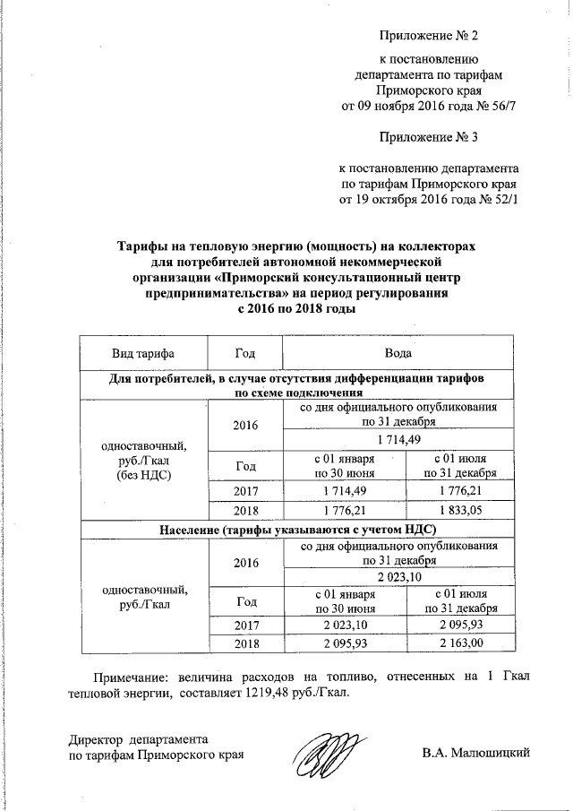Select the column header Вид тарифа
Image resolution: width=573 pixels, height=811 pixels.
[142, 354]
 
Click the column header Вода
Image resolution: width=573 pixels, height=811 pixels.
[399, 354]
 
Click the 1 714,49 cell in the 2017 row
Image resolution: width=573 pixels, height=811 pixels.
[344, 492]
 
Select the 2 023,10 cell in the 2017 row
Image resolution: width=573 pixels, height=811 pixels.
[344, 622]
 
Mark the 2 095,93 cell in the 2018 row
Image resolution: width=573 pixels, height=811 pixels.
[344, 643]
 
